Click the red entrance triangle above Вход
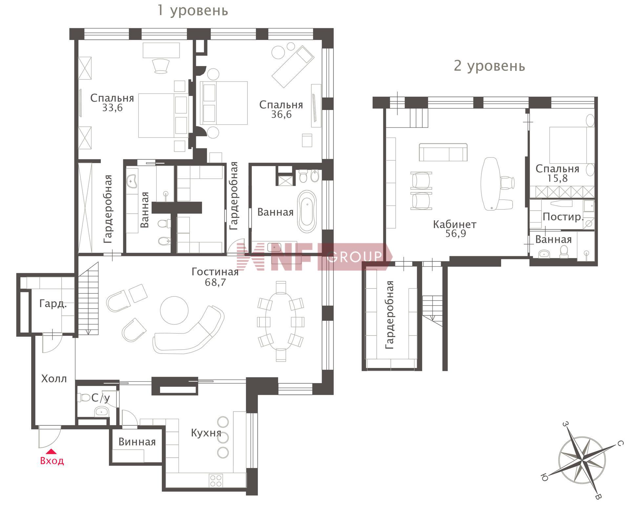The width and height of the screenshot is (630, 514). (52, 452)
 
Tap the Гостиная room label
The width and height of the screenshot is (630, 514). (215, 272)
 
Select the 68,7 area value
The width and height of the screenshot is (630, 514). (215, 282)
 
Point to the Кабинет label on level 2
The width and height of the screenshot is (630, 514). (454, 225)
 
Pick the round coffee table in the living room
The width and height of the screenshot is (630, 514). (174, 310)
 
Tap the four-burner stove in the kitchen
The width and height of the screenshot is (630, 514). (216, 481)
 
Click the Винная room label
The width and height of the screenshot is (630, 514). (137, 442)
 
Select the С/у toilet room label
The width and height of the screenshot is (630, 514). (101, 398)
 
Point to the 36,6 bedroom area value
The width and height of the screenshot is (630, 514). (281, 114)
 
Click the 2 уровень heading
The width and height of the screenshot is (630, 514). (489, 66)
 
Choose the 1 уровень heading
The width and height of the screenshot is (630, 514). (193, 10)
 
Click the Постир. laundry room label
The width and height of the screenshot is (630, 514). (563, 217)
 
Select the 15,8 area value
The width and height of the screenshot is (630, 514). (557, 178)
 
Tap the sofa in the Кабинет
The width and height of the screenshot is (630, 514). (443, 152)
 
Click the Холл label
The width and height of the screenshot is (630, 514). (54, 379)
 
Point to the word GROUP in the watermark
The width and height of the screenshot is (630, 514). (355, 256)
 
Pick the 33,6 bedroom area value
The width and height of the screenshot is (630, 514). (112, 108)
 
